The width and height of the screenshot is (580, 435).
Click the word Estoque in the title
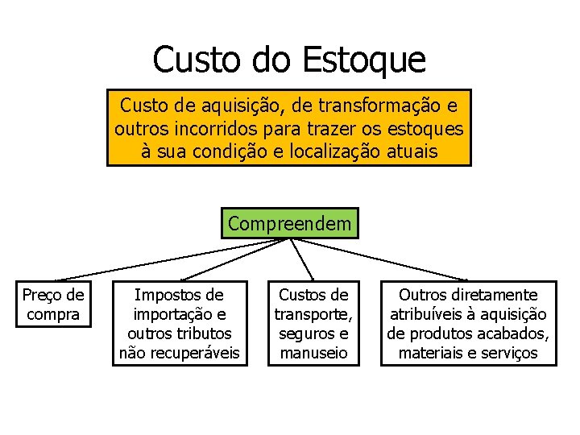pos(364,60)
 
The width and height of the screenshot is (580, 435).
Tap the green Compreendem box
pos(290,223)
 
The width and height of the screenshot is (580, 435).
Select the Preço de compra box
pos(53,304)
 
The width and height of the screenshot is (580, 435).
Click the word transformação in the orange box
pos(383,105)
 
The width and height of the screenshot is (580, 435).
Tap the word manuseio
pos(313,353)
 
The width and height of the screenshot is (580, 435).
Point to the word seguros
pos(304,333)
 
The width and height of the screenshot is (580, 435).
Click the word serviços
pos(507,353)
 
